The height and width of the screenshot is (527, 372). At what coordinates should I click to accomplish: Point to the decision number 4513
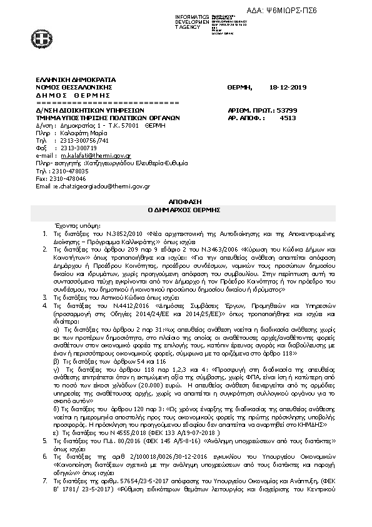pyautogui.click(x=288, y=116)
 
